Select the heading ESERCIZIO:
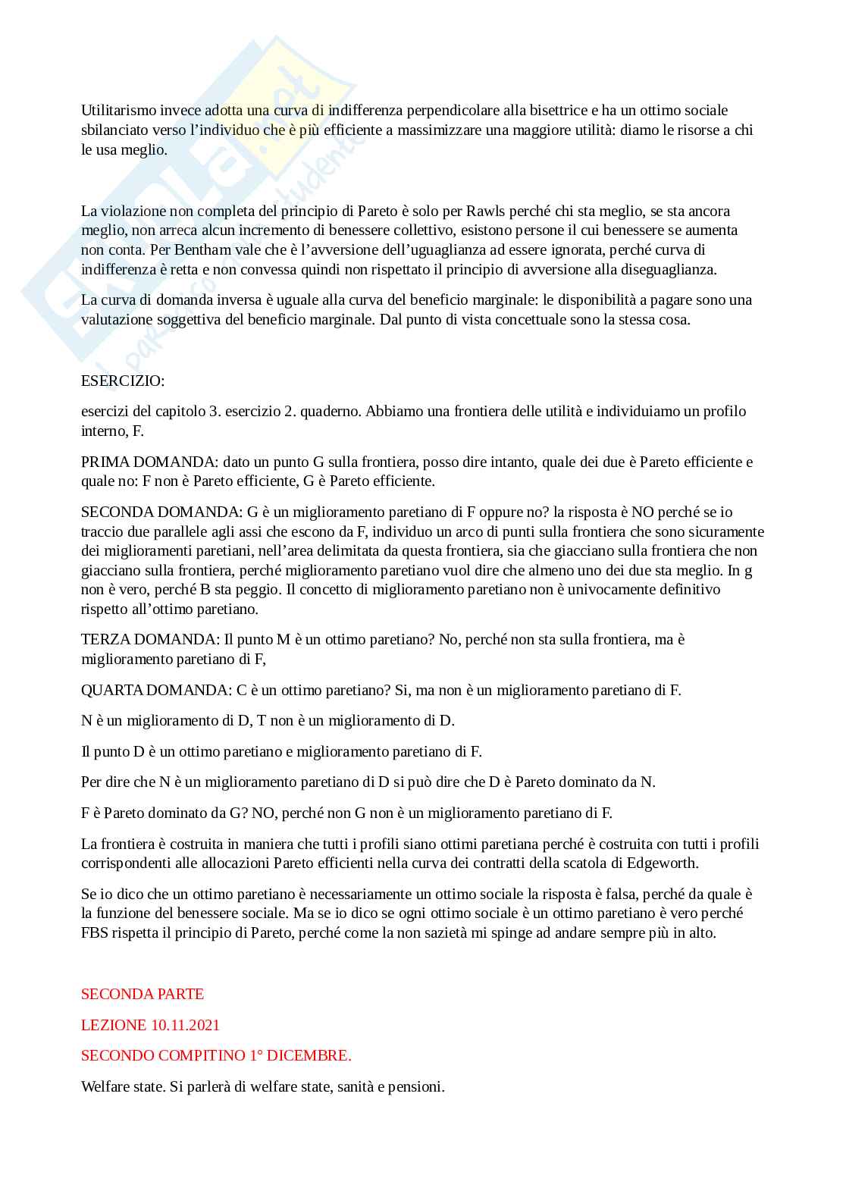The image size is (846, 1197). tap(123, 381)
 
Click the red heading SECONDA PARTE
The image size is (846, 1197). tap(143, 994)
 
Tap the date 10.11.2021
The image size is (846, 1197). tap(185, 1025)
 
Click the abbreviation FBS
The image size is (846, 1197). tap(95, 933)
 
